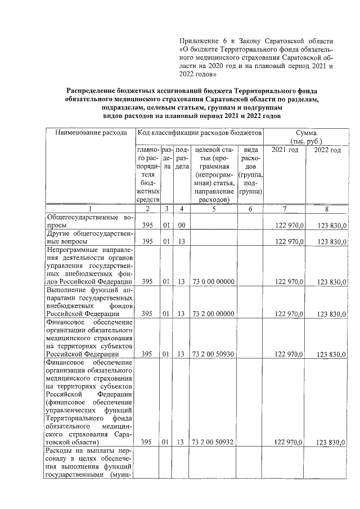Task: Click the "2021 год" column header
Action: pos(285,150)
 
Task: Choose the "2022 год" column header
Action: pos(327,150)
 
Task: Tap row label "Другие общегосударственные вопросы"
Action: pos(89,237)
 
